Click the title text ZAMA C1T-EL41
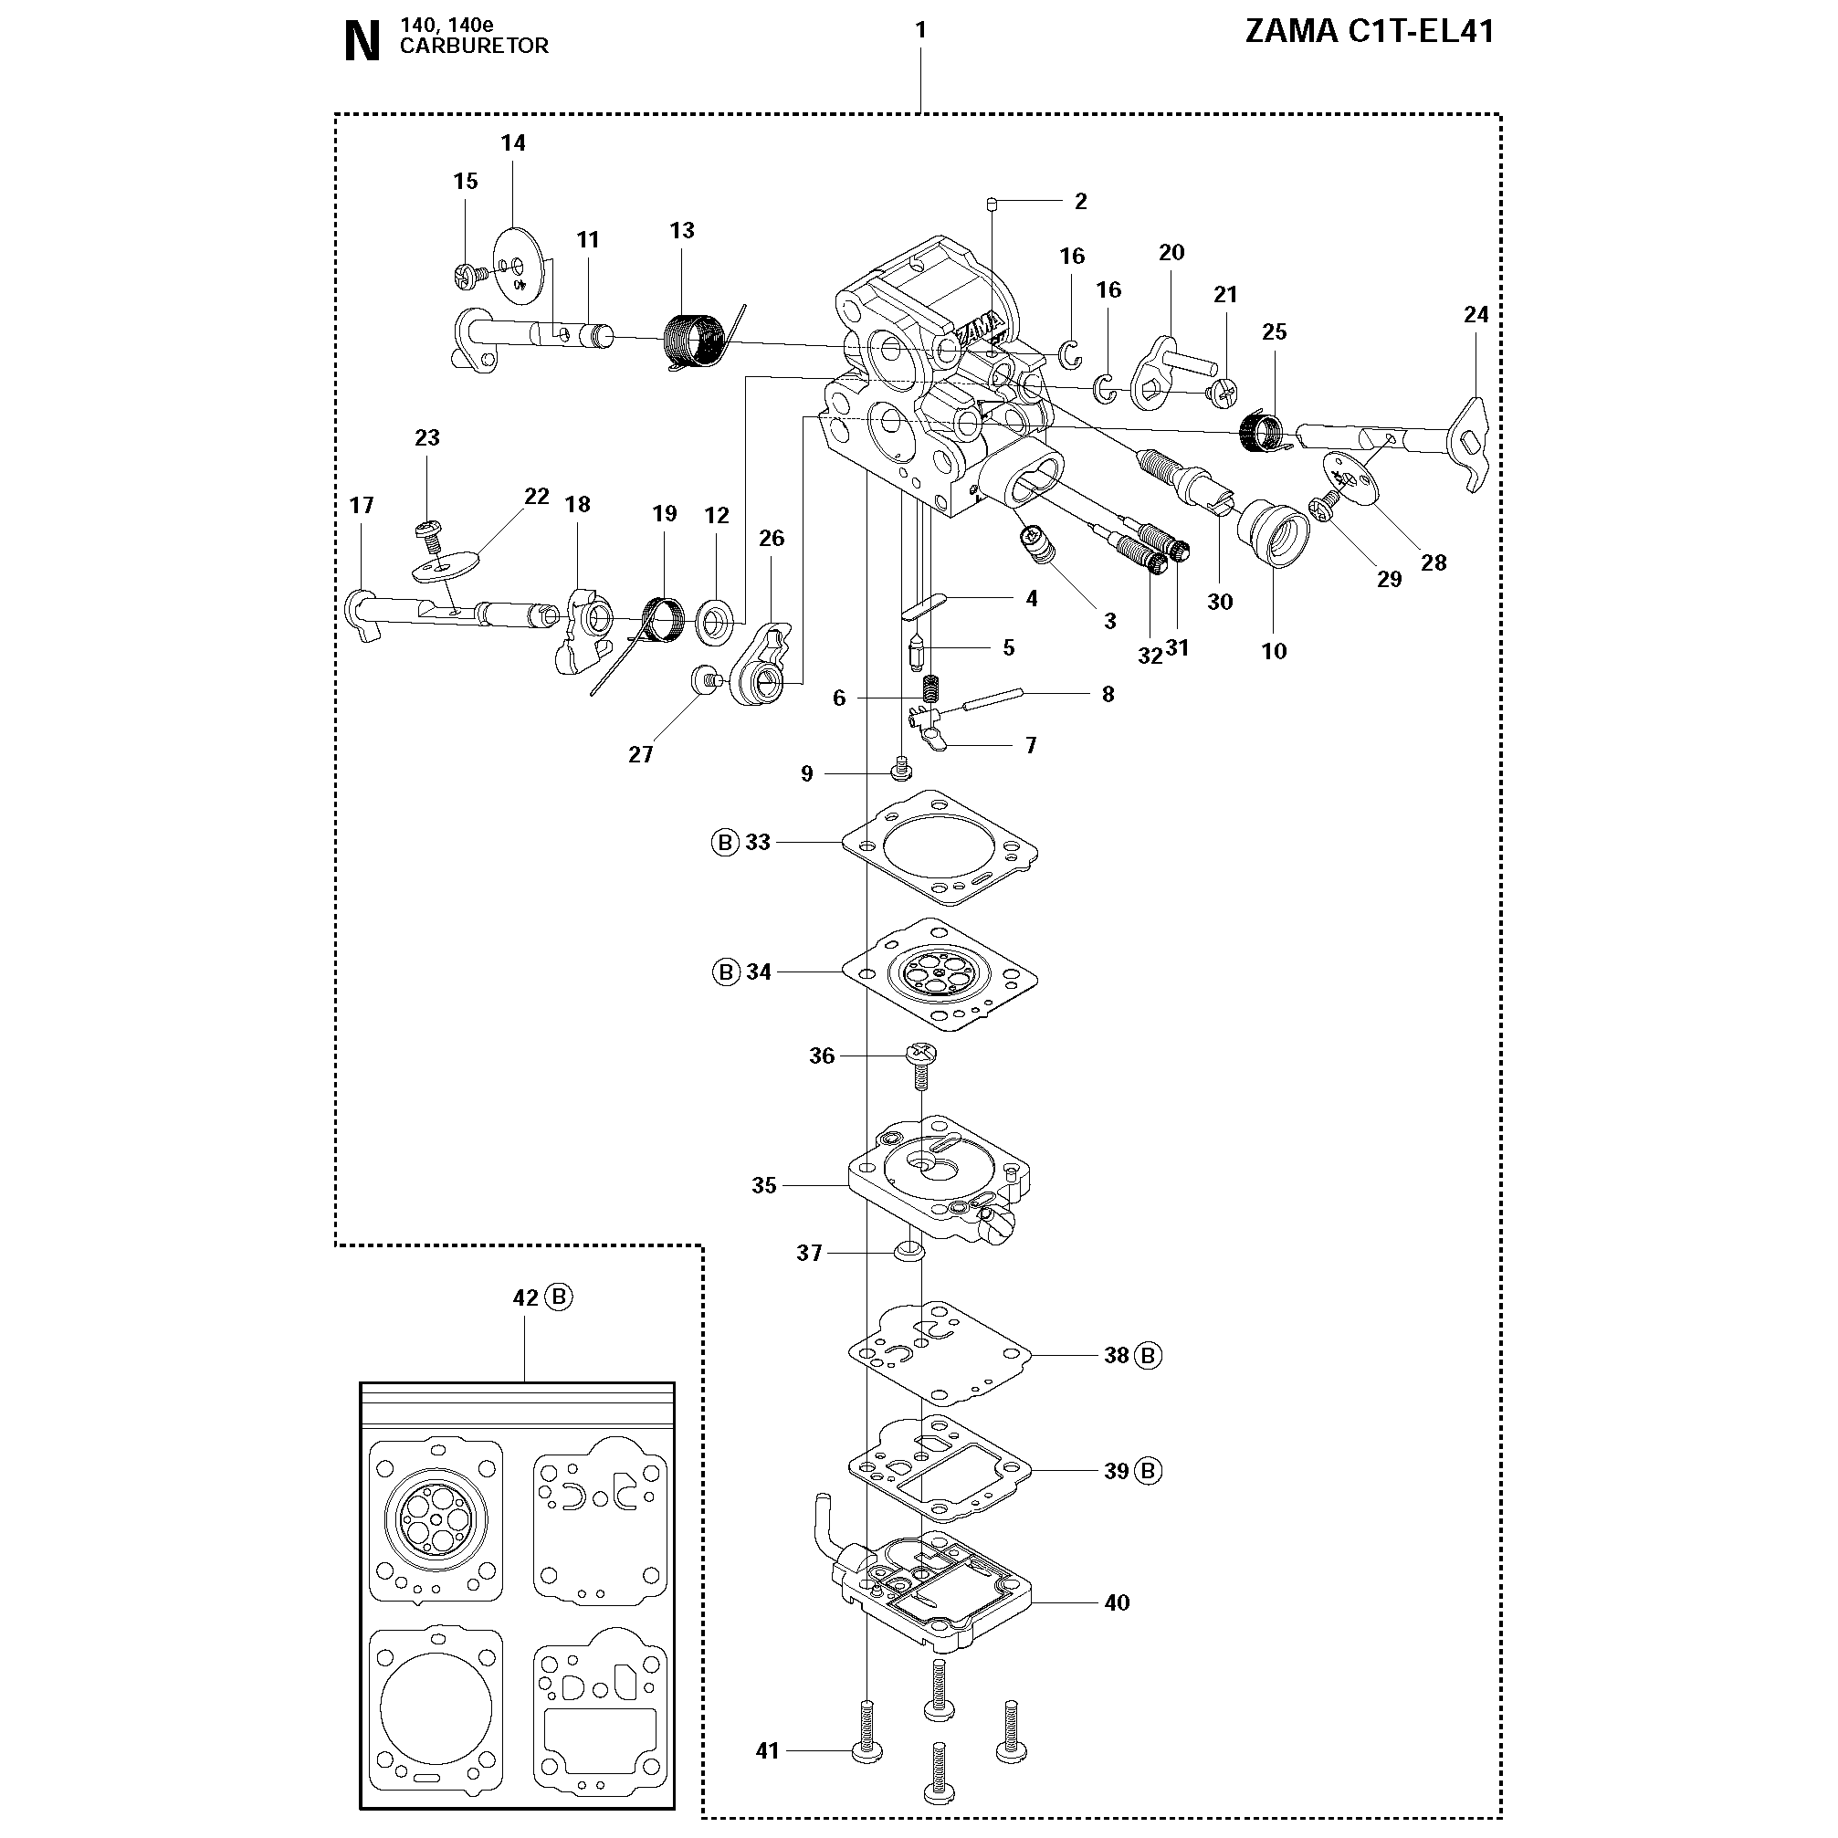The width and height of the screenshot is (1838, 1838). tap(1369, 32)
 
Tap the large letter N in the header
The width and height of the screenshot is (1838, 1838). tap(362, 44)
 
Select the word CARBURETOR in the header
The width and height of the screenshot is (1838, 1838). tap(474, 47)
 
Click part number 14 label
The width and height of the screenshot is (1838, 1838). tap(513, 142)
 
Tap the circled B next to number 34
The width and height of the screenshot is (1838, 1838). tap(726, 972)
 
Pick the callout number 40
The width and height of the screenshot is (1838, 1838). tap(1117, 1602)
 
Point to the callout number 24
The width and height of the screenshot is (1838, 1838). tap(1476, 314)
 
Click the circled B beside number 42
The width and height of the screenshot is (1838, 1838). tap(560, 1297)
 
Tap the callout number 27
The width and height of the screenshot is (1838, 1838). tap(640, 754)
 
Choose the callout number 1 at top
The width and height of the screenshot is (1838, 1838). tap(920, 29)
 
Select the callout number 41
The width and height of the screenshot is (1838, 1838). tap(767, 1750)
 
